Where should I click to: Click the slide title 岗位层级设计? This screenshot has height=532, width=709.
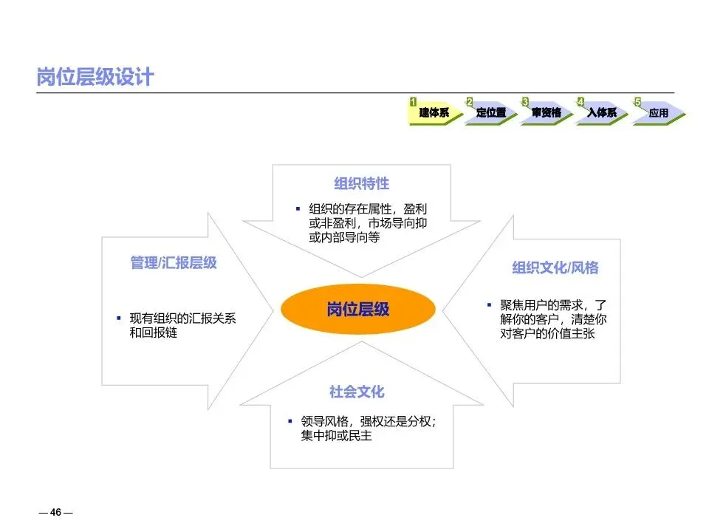point(95,78)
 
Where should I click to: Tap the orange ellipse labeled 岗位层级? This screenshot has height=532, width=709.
point(358,309)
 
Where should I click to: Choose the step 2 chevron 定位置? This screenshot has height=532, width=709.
point(492,113)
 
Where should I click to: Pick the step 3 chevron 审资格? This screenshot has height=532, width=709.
point(547,113)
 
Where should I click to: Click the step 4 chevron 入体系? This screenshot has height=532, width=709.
point(603,113)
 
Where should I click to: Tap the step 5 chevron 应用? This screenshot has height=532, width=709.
point(658,113)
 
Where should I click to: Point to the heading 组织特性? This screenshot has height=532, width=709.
point(362,183)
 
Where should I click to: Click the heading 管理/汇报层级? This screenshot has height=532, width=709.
point(174,263)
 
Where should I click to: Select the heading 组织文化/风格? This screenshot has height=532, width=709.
point(555,267)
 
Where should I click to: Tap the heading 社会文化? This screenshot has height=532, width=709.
point(357,392)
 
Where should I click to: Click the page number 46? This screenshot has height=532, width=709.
point(55,513)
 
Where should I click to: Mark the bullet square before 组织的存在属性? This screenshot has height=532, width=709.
point(298,210)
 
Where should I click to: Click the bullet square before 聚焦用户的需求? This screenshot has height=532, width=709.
point(488,304)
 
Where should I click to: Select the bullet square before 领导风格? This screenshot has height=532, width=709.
point(290,420)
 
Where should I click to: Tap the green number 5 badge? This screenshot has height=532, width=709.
point(637,101)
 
